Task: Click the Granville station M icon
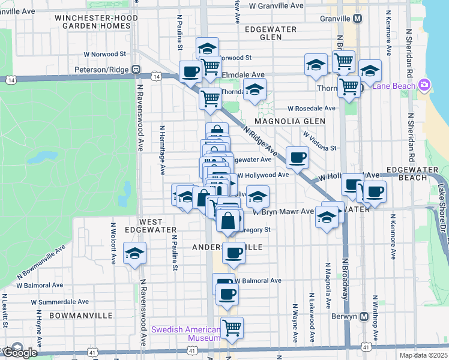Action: (x=358, y=19)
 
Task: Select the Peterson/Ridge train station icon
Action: (x=137, y=70)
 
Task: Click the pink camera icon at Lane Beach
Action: (x=425, y=85)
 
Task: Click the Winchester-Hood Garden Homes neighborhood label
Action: (x=96, y=22)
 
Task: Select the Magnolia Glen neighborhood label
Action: (x=290, y=121)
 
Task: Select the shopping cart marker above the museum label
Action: (x=232, y=328)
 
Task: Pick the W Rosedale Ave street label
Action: (x=311, y=109)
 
